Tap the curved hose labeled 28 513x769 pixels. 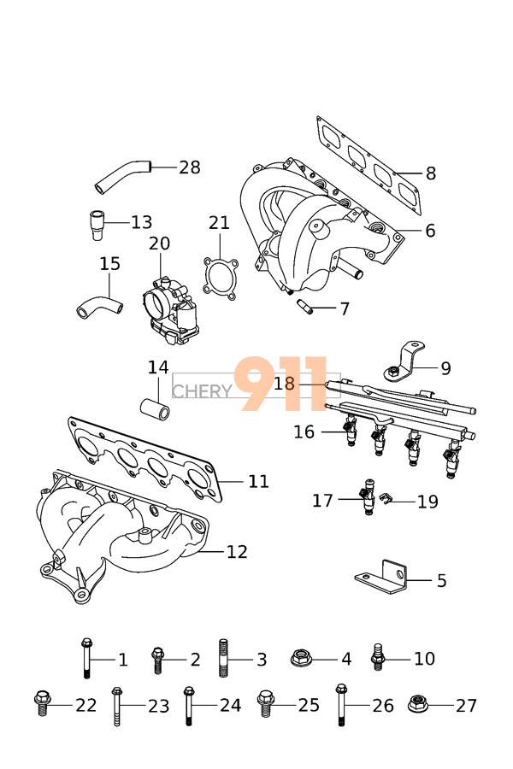(120, 176)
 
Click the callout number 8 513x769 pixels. (430, 173)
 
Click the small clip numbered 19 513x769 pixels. (386, 498)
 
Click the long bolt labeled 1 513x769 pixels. (86, 659)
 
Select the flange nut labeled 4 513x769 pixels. (300, 658)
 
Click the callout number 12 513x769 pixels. (237, 552)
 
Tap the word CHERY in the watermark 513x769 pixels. (202, 391)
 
